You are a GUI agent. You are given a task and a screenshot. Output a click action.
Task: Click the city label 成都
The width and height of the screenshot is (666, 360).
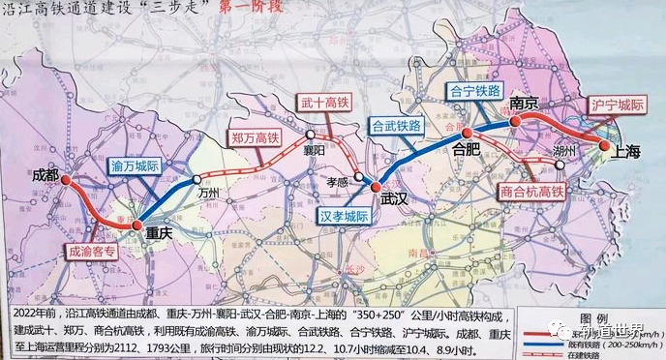click(45, 175)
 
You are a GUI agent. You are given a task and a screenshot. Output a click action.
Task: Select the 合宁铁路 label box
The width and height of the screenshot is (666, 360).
click(475, 90)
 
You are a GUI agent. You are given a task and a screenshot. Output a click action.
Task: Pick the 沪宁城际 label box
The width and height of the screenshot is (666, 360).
click(616, 104)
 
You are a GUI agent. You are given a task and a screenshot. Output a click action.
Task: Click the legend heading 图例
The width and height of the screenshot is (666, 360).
click(588, 318)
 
